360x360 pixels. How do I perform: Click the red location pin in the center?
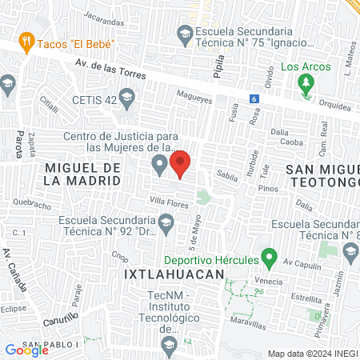[181, 163]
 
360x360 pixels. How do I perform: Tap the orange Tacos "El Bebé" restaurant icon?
[27, 42]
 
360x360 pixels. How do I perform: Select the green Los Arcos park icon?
[305, 82]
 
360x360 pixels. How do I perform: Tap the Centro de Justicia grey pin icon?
[160, 166]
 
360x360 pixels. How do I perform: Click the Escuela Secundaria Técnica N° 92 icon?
[166, 229]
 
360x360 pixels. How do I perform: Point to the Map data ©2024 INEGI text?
[311, 354]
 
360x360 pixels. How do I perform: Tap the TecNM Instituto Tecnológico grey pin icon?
[169, 344]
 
